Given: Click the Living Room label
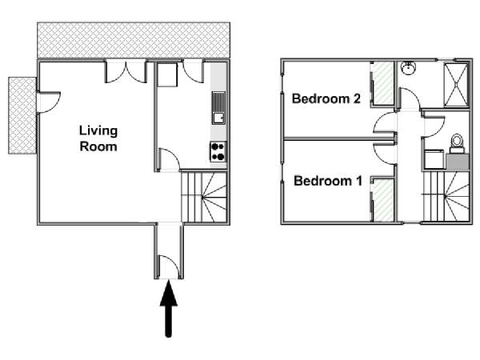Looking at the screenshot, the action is tap(98, 138).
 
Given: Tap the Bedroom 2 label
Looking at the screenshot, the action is tap(326, 98).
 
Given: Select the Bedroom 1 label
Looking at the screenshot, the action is tap(328, 181).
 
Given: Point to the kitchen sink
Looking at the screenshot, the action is tap(218, 108).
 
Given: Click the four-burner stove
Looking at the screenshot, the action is tap(218, 151).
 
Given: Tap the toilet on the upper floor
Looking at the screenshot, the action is tap(457, 143).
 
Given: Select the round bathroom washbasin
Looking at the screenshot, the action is tap(408, 68).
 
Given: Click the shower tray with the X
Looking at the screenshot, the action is tap(456, 85).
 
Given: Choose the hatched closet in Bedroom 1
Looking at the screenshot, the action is tap(383, 200).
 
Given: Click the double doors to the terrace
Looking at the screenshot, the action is tap(126, 72).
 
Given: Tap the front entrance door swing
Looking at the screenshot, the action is tap(168, 266).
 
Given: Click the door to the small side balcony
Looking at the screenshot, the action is tap(48, 102).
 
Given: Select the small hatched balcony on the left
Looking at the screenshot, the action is tap(22, 115).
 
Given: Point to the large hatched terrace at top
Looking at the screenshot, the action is tap(134, 40).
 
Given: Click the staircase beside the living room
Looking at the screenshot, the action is tap(204, 197).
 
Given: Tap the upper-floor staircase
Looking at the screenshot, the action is tap(446, 196).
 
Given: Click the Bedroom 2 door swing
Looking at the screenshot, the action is tap(384, 122).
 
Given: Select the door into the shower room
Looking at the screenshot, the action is tap(410, 98).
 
